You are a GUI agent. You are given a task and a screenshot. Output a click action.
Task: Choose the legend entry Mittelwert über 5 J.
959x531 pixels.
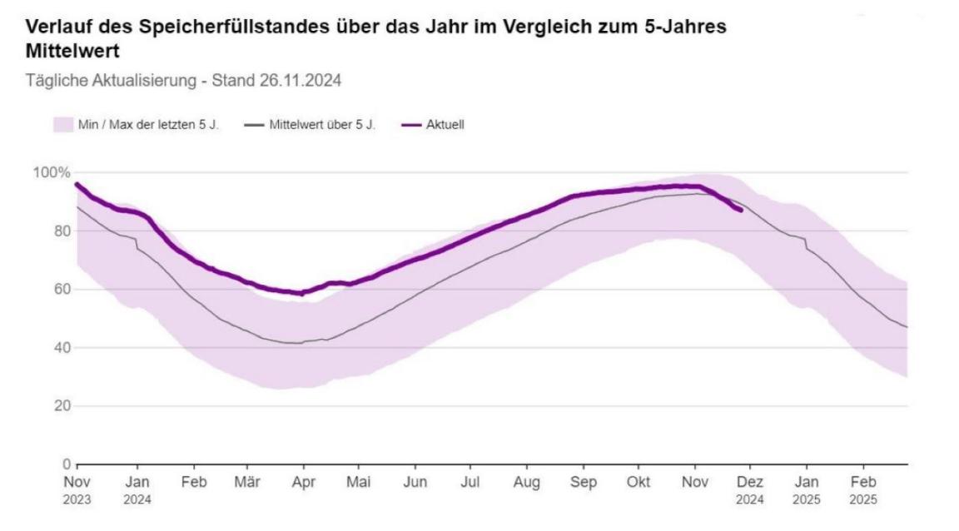(322, 125)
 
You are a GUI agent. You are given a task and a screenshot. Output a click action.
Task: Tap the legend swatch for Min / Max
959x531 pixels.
(63, 125)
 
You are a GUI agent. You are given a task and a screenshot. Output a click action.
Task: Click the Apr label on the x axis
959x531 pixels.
(303, 483)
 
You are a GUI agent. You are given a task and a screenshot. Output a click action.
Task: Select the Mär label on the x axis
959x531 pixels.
(247, 483)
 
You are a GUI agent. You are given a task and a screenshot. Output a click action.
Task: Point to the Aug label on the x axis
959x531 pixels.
(527, 483)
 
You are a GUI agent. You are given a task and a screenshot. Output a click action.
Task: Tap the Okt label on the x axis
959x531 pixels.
(639, 483)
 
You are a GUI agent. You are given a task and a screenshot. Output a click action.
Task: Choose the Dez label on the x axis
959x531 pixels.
(751, 483)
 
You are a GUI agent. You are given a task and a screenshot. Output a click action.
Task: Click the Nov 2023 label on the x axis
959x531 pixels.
(77, 490)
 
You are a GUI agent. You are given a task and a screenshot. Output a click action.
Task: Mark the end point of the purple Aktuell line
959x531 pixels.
(740, 210)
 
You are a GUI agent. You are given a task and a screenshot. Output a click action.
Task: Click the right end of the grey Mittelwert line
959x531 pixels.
(907, 327)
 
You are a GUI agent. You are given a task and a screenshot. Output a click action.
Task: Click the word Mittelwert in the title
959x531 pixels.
(72, 52)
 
